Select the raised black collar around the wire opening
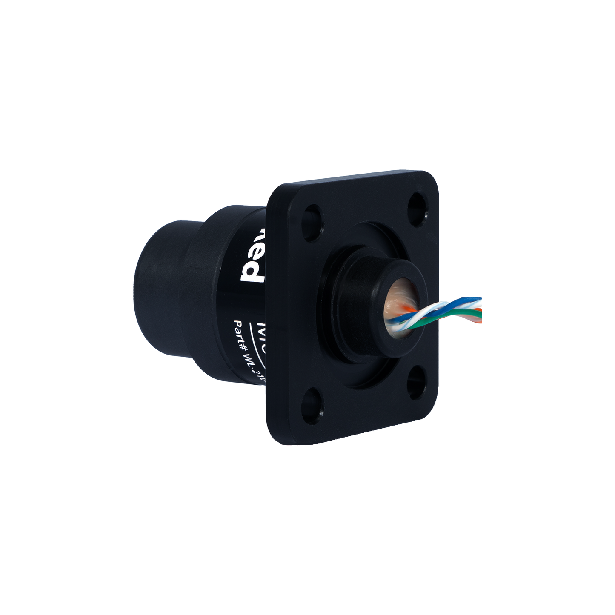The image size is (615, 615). (x=362, y=294)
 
